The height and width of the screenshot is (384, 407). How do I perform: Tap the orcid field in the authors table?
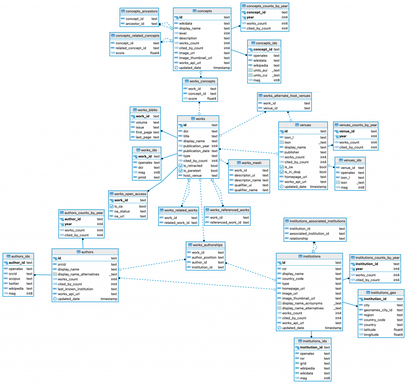[62, 264]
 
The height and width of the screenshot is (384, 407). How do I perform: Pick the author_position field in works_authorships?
[204, 257]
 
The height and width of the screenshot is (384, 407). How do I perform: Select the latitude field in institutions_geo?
[372, 330]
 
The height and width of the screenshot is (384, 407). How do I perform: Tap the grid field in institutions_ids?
[304, 363]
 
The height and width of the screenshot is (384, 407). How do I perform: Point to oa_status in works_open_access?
[123, 211]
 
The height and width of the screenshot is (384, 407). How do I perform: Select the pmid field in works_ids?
[142, 177]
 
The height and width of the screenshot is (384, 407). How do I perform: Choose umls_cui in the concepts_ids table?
[261, 75]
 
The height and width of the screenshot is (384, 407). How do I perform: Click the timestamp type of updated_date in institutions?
[333, 328]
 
